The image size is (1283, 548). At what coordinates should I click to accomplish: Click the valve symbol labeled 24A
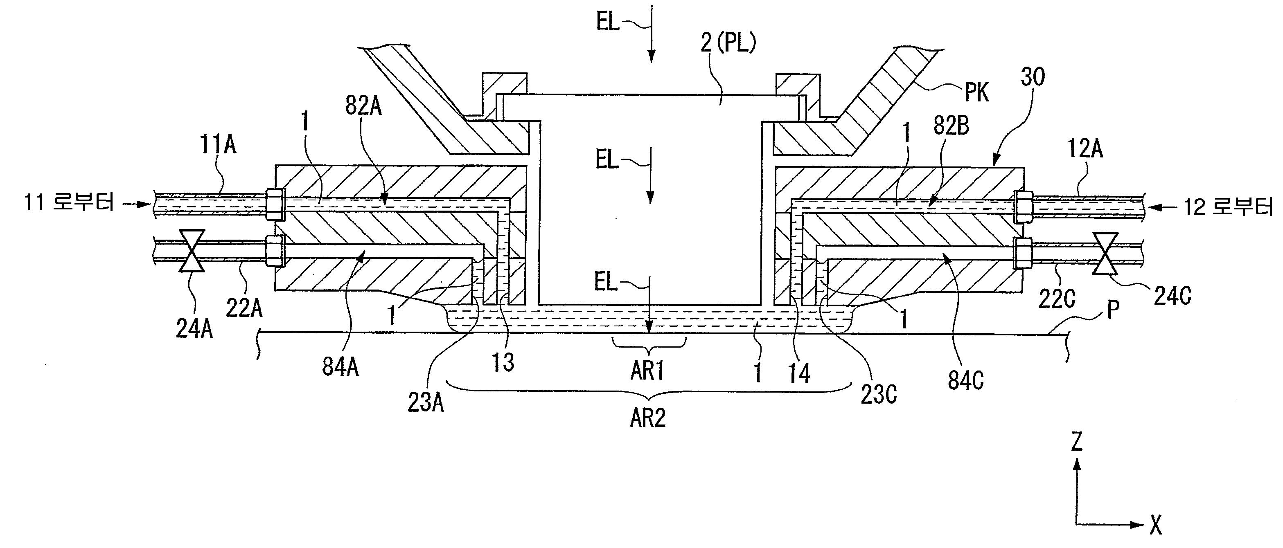click(192, 251)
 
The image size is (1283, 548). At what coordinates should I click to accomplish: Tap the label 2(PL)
click(728, 43)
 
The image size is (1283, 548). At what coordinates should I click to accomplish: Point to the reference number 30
click(1033, 77)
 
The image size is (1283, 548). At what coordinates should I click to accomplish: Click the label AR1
click(647, 371)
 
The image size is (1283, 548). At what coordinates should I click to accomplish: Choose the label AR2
click(648, 418)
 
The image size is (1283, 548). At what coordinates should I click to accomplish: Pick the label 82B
click(951, 126)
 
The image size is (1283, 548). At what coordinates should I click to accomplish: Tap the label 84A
click(340, 367)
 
